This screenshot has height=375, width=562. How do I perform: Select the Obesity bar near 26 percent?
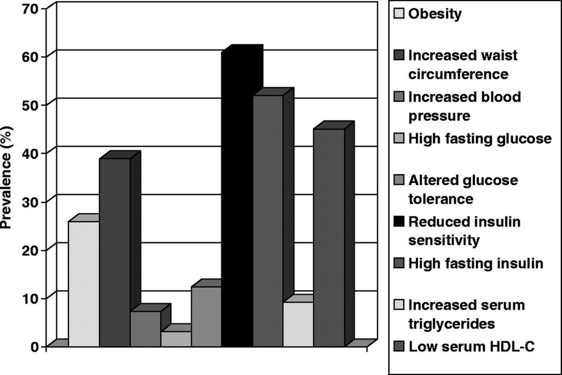point(84,284)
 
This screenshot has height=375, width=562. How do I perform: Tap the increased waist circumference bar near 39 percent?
point(115,252)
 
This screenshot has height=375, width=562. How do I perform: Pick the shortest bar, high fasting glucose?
point(176,339)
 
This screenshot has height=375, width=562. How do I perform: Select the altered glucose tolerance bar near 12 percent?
point(206,317)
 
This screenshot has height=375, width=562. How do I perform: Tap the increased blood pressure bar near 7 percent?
point(145,329)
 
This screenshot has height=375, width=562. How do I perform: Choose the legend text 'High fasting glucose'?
point(479,138)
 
